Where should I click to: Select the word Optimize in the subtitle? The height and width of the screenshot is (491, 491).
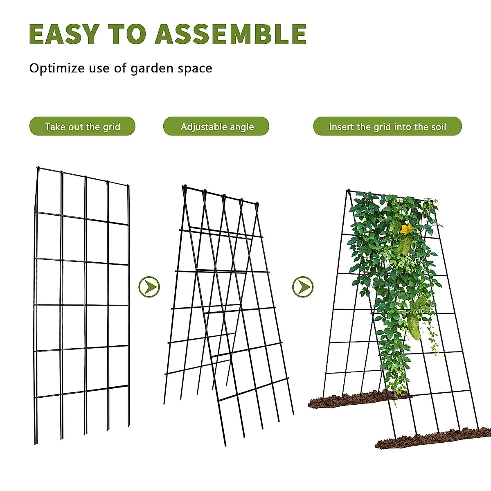57,68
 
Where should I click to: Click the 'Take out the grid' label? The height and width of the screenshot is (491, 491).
82,126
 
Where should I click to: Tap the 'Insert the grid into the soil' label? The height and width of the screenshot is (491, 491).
387,126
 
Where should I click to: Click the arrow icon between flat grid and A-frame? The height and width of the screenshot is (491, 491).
149,287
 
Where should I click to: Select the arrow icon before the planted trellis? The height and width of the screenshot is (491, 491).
303,287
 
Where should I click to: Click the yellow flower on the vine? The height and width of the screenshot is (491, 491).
406,229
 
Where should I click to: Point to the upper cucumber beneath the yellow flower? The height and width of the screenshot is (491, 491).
404,245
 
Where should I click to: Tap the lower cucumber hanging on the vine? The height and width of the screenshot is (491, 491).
414,327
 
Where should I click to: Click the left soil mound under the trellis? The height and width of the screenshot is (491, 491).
348,400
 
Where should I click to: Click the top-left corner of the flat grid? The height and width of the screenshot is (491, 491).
38,168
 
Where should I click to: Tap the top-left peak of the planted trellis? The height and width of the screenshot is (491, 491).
348,191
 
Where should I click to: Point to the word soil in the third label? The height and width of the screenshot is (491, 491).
438,126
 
